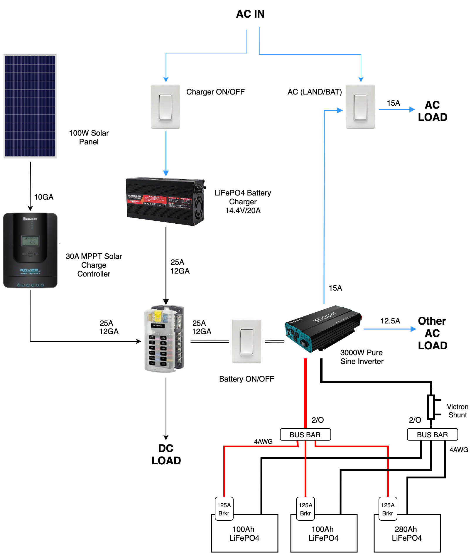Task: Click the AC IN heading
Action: coord(250,14)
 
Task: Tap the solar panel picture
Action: coord(30,106)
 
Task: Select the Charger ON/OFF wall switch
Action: coord(166,107)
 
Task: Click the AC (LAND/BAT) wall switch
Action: coord(360,107)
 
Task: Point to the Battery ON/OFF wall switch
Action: coord(247,341)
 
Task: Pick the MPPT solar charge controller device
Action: coord(30,250)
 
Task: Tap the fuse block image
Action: coord(164,339)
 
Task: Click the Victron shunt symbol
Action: coord(431,407)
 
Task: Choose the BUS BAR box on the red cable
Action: coord(305,434)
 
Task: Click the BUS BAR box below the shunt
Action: coord(432,434)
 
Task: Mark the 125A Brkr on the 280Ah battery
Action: coord(388,509)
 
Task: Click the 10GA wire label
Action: coord(44,197)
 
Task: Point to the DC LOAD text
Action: coord(166,454)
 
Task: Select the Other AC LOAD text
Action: coord(432,333)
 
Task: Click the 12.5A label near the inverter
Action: coord(390,321)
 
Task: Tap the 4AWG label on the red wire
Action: coord(263,441)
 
